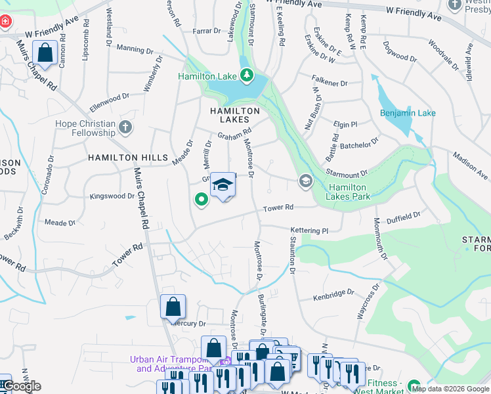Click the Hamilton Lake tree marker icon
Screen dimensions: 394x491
point(246,77)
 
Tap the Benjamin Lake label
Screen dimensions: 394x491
point(408,113)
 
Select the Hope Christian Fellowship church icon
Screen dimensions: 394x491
point(125,126)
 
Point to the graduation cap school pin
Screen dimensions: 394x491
point(223,186)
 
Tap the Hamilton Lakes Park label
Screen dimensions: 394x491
point(349,191)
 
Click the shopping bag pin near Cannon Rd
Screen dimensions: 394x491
point(45,54)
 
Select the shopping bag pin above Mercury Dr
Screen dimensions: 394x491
point(173,307)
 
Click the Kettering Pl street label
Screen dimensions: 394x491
point(309,230)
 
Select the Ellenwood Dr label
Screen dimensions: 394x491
point(110,99)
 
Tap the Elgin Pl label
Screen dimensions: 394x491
point(345,124)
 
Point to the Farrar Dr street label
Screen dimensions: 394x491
point(207,31)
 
